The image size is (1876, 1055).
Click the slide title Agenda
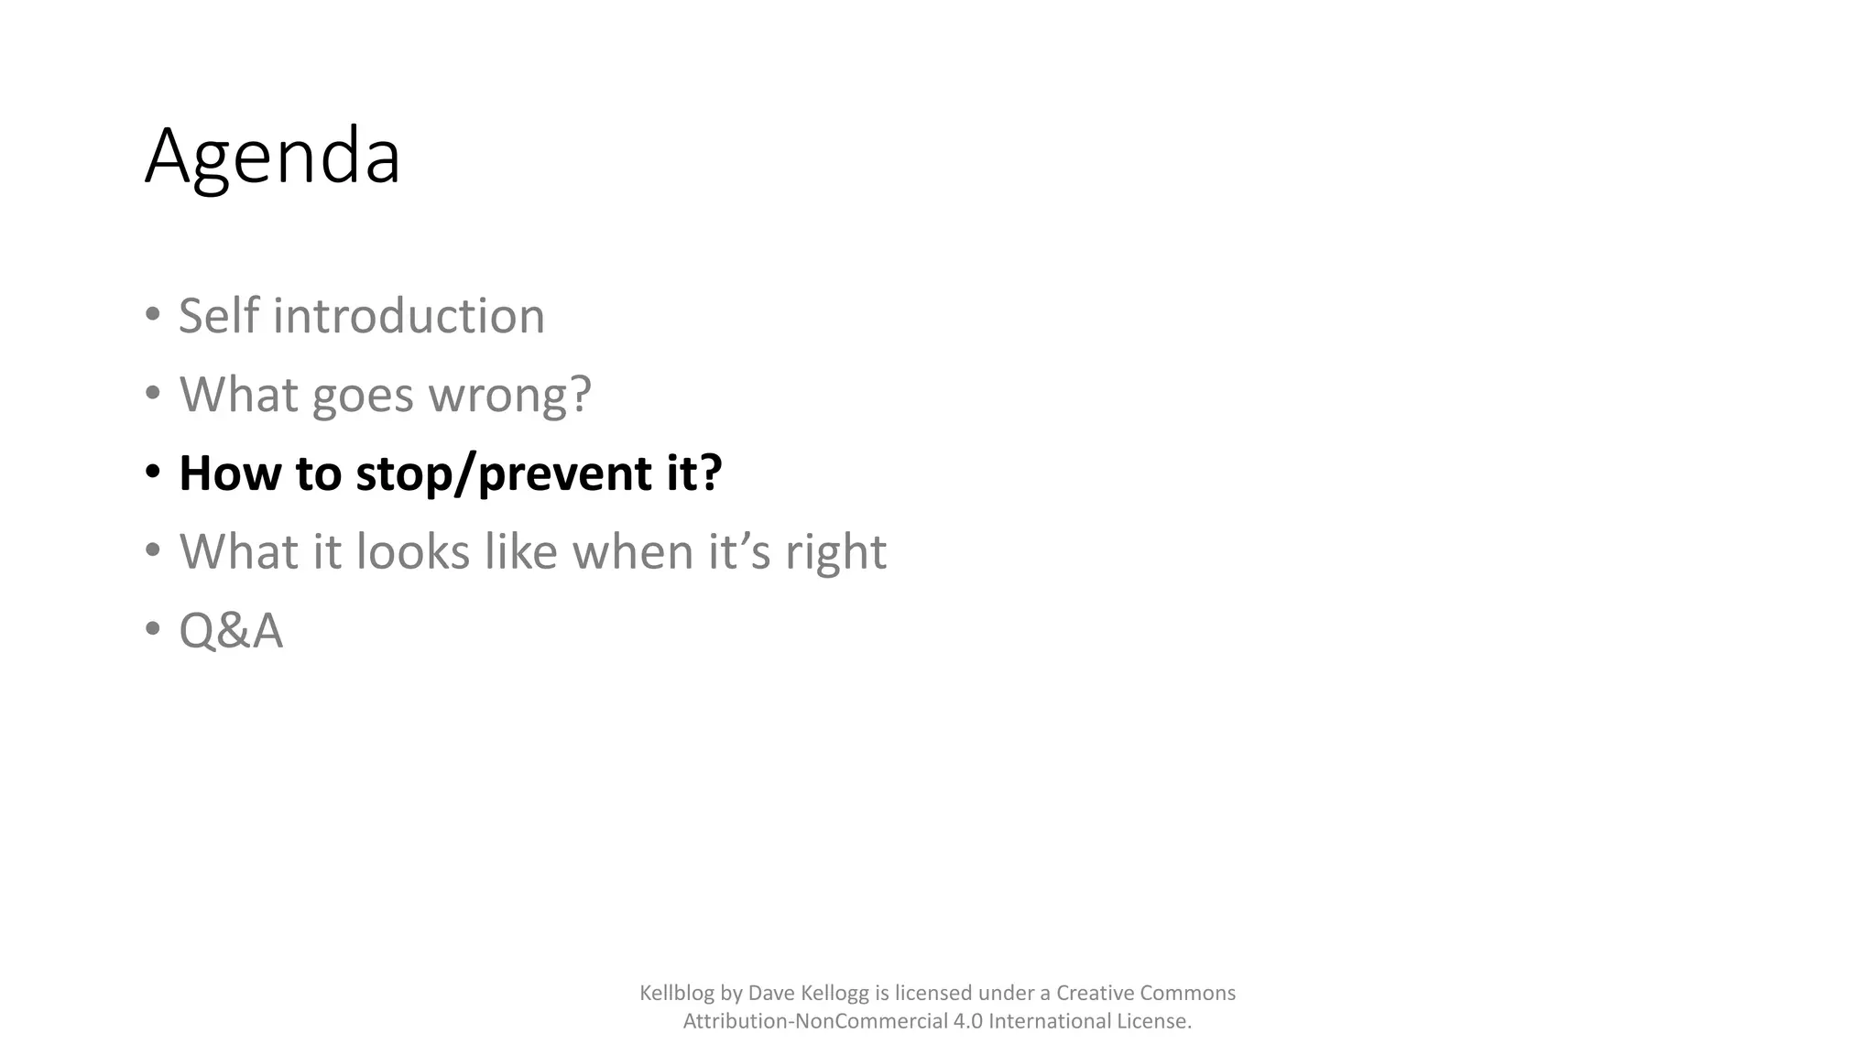(x=272, y=158)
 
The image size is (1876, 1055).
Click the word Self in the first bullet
(x=219, y=316)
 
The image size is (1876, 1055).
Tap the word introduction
(x=409, y=316)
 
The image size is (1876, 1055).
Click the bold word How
(x=229, y=473)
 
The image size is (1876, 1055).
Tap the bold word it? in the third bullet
(x=688, y=473)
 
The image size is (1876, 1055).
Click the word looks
(x=412, y=552)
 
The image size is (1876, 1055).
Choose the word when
(x=632, y=552)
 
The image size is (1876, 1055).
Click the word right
(x=835, y=552)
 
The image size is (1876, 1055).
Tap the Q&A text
(x=231, y=632)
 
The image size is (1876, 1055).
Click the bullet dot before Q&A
(x=153, y=630)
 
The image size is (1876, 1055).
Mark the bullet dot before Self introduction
(x=153, y=315)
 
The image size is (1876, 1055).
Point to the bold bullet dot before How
(x=153, y=473)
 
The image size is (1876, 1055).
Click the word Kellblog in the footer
(x=677, y=994)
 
